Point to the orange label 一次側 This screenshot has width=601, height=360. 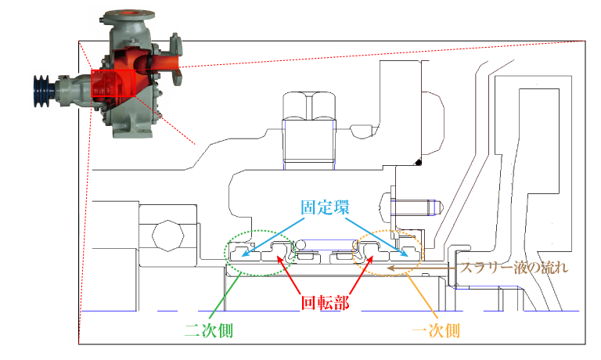click(436, 329)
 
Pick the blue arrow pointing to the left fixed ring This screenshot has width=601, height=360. click(275, 236)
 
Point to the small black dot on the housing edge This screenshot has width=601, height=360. click(419, 163)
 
